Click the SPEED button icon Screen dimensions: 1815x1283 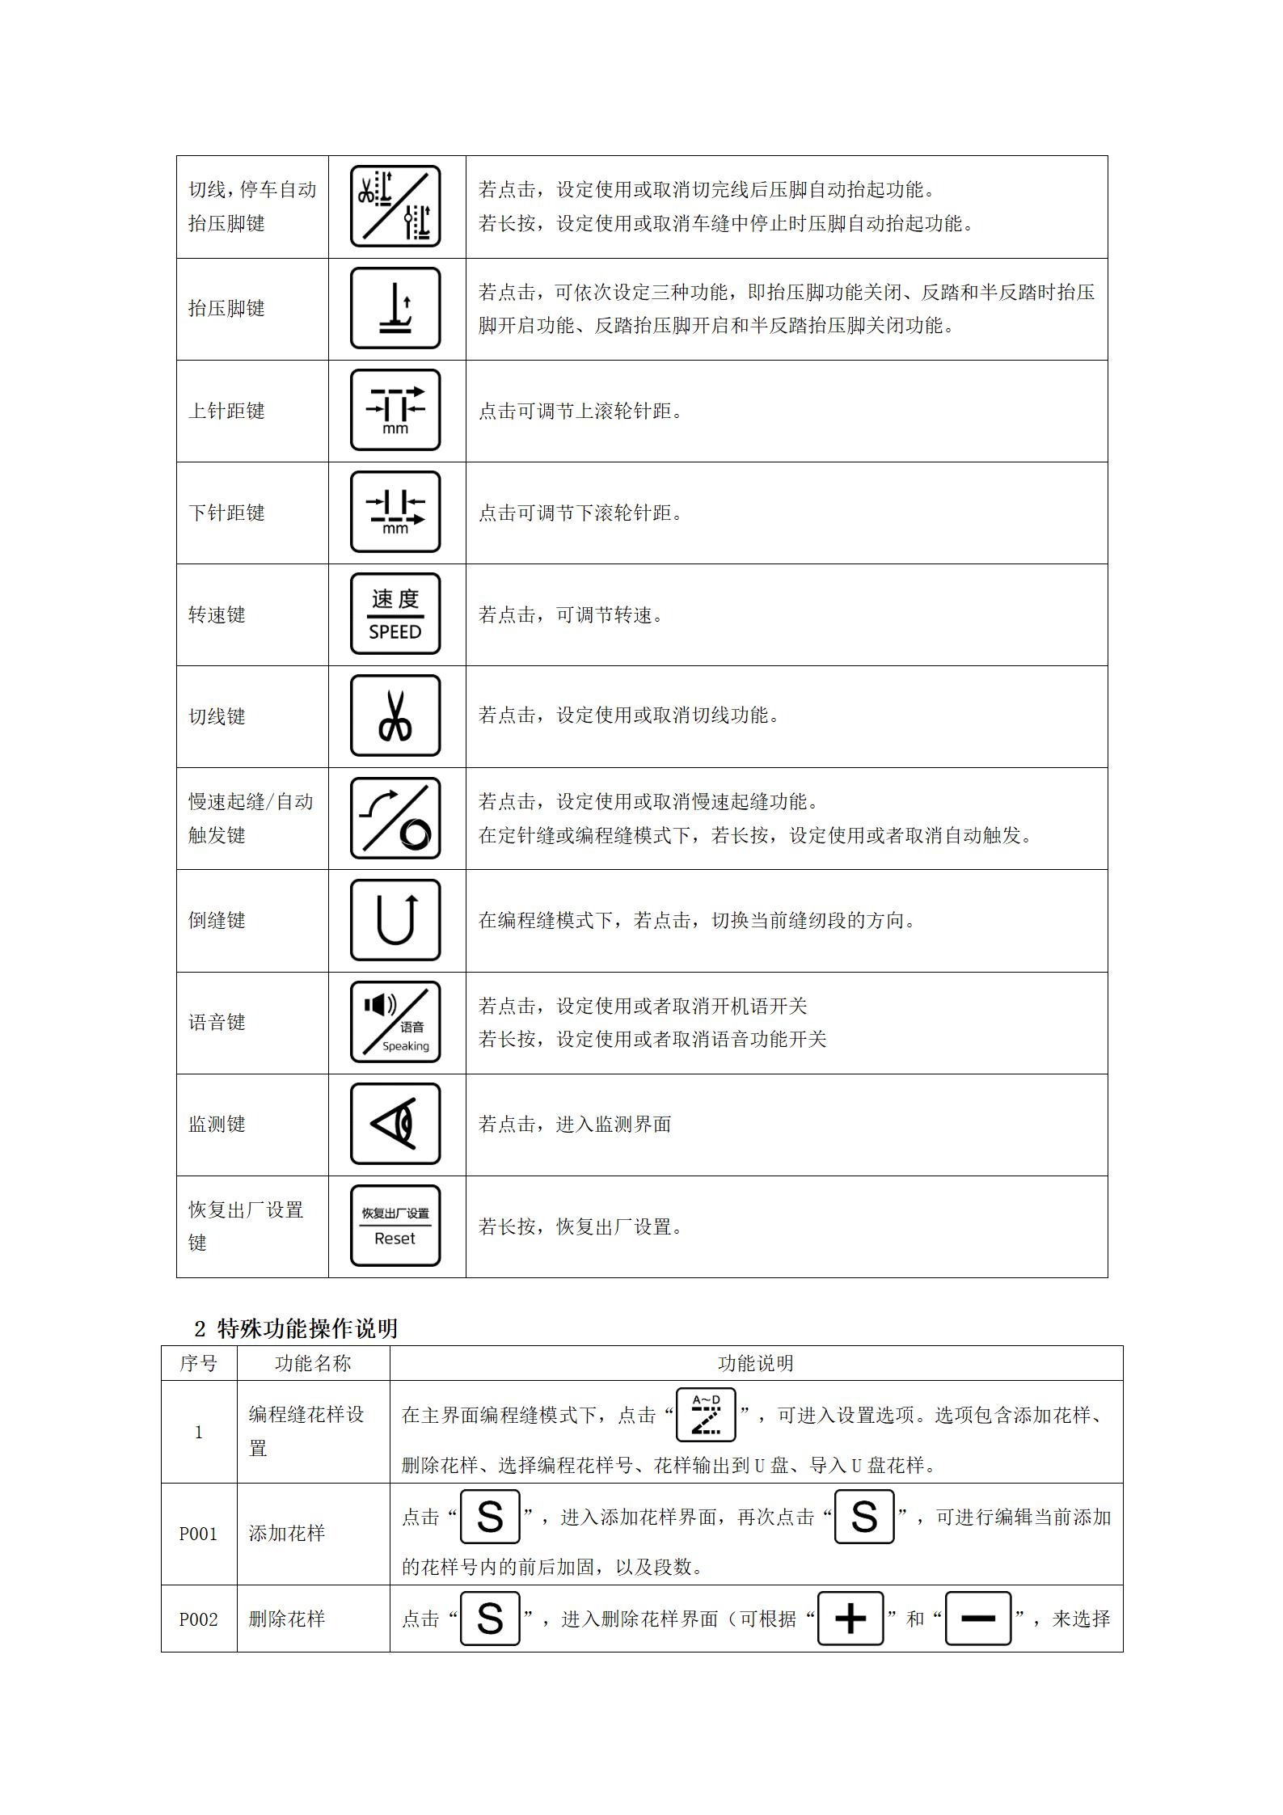click(395, 614)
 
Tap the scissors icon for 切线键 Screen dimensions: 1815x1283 click(395, 716)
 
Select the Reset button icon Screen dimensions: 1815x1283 click(395, 1226)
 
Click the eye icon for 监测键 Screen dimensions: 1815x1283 click(395, 1124)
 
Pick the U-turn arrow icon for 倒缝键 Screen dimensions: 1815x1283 click(395, 920)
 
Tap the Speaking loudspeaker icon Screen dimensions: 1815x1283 click(395, 1022)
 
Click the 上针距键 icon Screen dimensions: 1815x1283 click(395, 410)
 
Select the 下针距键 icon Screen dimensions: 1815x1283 click(395, 512)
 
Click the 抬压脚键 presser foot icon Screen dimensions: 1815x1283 click(395, 308)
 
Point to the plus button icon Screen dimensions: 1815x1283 click(850, 1619)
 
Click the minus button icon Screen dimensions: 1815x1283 click(978, 1619)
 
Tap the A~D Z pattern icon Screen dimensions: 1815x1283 click(706, 1415)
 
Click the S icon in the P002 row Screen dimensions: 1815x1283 click(490, 1619)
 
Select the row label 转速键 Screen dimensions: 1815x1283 click(217, 615)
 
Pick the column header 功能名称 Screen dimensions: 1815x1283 click(313, 1364)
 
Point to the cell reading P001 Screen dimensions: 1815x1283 click(198, 1534)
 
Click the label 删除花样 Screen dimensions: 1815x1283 click(286, 1619)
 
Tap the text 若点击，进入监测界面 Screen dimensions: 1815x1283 click(574, 1125)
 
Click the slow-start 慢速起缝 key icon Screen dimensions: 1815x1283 click(395, 818)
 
